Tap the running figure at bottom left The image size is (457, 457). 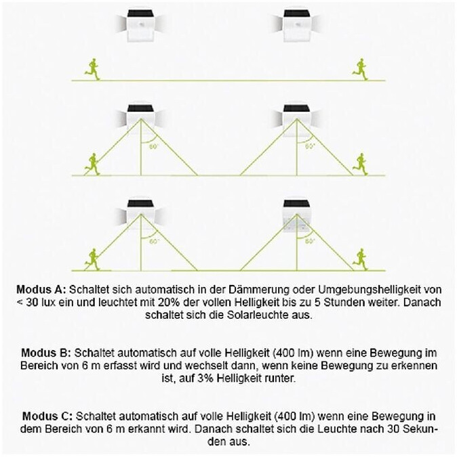(x=91, y=257)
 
